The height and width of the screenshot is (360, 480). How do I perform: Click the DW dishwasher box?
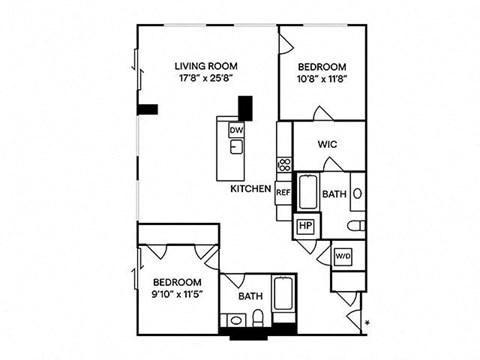pyautogui.click(x=236, y=130)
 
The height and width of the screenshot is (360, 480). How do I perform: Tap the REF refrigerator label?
pyautogui.click(x=283, y=192)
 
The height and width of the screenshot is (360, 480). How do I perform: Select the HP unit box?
pyautogui.click(x=306, y=226)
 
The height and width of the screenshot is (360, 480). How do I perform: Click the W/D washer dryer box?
pyautogui.click(x=343, y=256)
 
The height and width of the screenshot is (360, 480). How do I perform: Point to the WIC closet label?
pyautogui.click(x=327, y=144)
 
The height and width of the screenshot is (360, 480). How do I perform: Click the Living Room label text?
pyautogui.click(x=206, y=66)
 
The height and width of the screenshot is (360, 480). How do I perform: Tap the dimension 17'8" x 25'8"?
pyautogui.click(x=206, y=78)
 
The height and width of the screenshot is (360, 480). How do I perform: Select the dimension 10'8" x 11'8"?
pyautogui.click(x=322, y=79)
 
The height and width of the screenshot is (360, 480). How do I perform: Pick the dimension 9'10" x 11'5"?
pyautogui.click(x=177, y=295)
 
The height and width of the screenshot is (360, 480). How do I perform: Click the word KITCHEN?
pyautogui.click(x=251, y=189)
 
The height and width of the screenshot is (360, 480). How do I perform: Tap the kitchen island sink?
pyautogui.click(x=236, y=147)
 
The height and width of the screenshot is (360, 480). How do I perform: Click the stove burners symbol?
pyautogui.click(x=284, y=164)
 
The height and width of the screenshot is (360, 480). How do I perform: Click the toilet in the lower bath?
pyautogui.click(x=258, y=318)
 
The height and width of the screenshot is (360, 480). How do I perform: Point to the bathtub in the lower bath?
pyautogui.click(x=283, y=294)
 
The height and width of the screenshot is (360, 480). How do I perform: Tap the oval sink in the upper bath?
pyautogui.click(x=357, y=194)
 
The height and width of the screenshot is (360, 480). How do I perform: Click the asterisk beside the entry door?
pyautogui.click(x=368, y=322)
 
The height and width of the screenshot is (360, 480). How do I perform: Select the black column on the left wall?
pyautogui.click(x=147, y=109)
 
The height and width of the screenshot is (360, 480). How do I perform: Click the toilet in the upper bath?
pyautogui.click(x=356, y=226)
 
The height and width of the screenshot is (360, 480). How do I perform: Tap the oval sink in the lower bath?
pyautogui.click(x=236, y=320)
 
